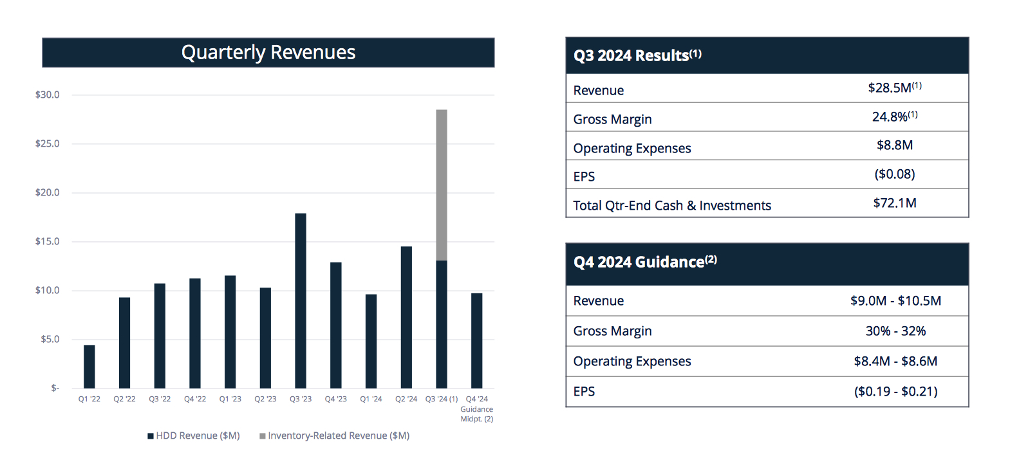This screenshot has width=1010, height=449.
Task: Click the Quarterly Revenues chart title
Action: (268, 52)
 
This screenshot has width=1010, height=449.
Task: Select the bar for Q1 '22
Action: (89, 367)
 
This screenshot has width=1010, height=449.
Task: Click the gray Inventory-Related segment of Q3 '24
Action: (442, 185)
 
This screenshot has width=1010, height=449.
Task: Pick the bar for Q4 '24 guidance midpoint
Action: (476, 340)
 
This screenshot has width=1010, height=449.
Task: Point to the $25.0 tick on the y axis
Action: (47, 143)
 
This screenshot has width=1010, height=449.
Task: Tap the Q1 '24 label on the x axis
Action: (371, 399)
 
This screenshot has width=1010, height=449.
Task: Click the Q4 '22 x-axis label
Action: (195, 399)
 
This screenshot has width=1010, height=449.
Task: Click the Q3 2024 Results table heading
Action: (637, 55)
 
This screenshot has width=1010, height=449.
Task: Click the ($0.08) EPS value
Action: (894, 174)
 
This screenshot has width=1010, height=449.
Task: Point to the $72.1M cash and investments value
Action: (894, 203)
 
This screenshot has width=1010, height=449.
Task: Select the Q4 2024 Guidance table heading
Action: (644, 262)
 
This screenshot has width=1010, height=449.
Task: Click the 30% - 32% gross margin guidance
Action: (895, 331)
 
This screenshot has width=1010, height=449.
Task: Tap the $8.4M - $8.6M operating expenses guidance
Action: (895, 361)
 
